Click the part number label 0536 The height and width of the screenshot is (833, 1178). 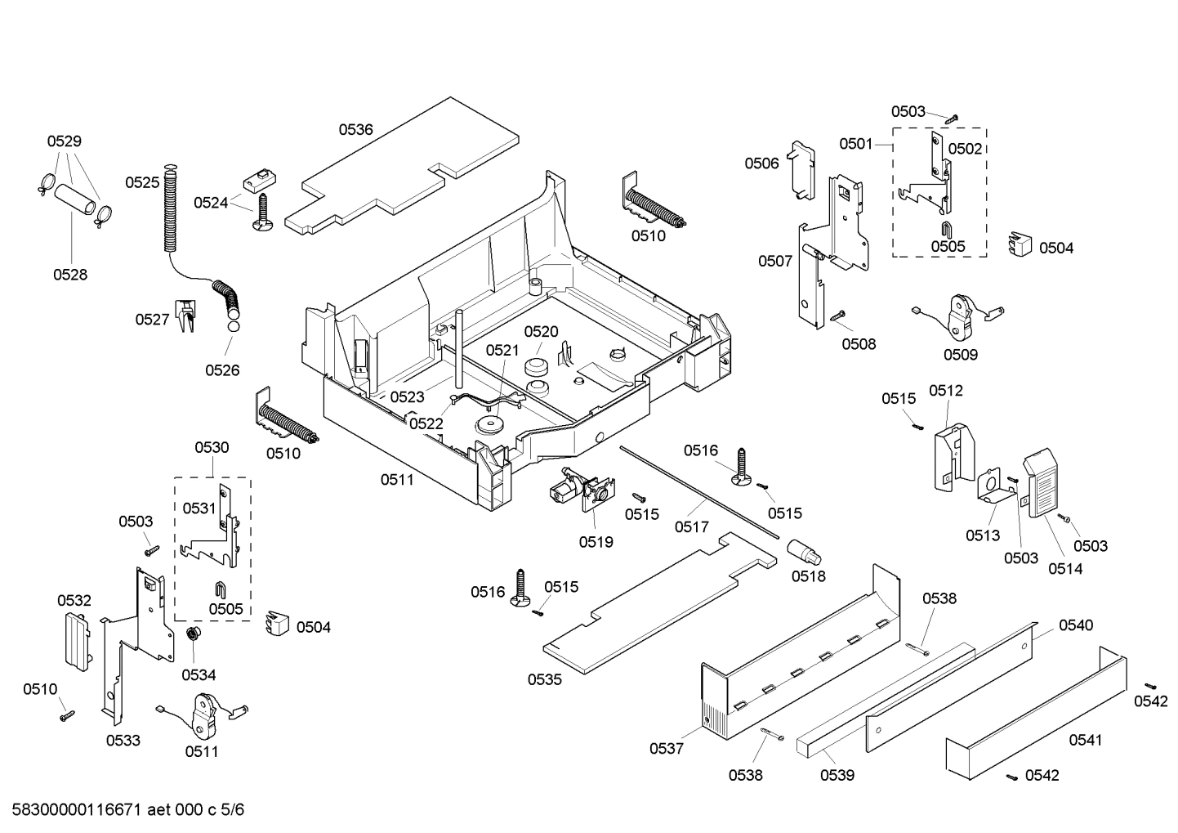pos(356,129)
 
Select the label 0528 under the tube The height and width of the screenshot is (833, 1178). pos(70,275)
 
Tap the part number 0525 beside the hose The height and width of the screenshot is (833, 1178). pos(142,182)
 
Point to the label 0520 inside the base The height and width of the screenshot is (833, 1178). pos(541,331)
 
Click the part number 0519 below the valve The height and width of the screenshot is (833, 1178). pos(596,541)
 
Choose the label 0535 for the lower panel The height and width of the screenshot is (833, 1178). pos(545,679)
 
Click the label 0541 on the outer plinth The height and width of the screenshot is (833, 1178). pos(1086,740)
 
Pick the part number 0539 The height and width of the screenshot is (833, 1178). pos(837,774)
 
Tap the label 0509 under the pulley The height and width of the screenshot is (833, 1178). pos(961,354)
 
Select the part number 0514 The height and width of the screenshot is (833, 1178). pos(1065,569)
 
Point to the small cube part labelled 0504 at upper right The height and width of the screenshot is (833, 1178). pos(1019,244)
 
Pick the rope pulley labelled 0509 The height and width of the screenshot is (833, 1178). pos(957,318)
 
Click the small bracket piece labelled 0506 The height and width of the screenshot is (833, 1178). pos(800,169)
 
